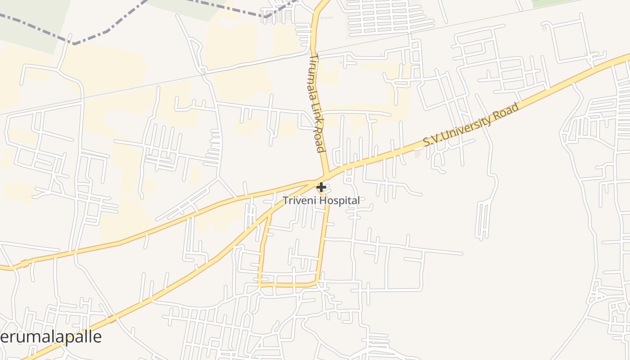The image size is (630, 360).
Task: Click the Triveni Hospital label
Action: point(321,201)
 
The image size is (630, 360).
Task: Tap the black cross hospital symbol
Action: point(321,187)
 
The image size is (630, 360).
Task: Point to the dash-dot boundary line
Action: point(90,38)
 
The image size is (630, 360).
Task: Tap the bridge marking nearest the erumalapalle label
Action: point(111,319)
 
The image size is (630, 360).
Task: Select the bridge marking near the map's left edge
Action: point(24,264)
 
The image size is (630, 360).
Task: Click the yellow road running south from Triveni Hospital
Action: point(323,238)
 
